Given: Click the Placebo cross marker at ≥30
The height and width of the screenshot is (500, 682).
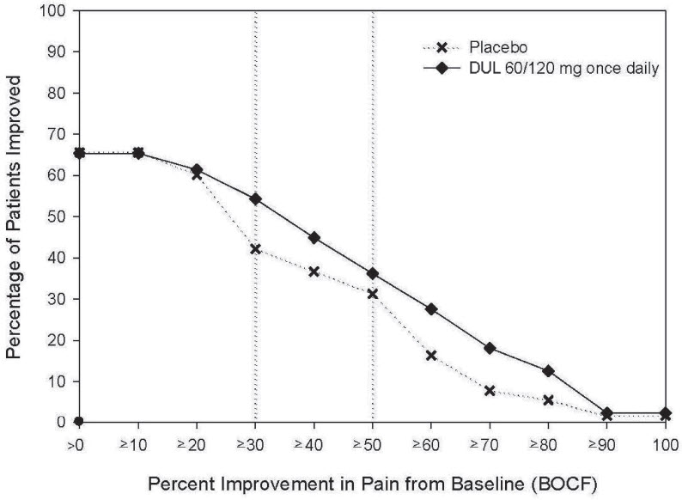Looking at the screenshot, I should coord(255,249).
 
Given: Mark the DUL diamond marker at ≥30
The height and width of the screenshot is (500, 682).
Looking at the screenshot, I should coord(255,198).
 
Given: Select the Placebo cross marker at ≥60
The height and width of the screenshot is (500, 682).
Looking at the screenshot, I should coord(431,356).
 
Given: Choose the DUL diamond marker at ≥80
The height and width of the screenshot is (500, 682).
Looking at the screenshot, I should coord(548,371).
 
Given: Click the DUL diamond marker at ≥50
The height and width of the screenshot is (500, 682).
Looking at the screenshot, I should coord(372,273).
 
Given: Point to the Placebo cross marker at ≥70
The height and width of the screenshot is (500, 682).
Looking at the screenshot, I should coord(490,391).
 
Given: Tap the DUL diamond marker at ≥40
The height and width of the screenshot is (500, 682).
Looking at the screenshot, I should coord(314,237).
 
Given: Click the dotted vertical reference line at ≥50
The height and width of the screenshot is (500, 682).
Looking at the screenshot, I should coord(372,129).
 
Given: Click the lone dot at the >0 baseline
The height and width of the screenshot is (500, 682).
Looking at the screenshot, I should coord(79,422).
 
